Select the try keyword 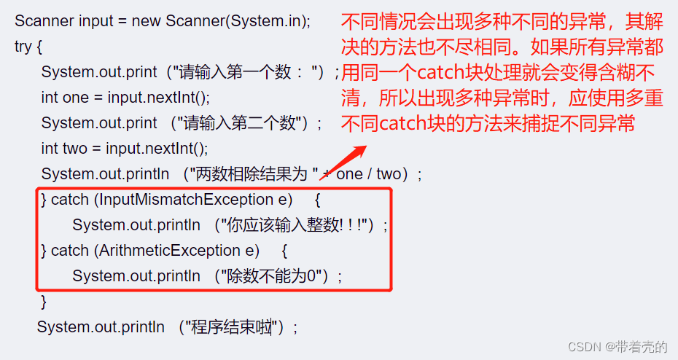pyautogui.click(x=23, y=47)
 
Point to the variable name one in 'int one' pyautogui.click(x=75, y=98)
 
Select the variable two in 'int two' pyautogui.click(x=75, y=149)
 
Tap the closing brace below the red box pyautogui.click(x=44, y=301)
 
